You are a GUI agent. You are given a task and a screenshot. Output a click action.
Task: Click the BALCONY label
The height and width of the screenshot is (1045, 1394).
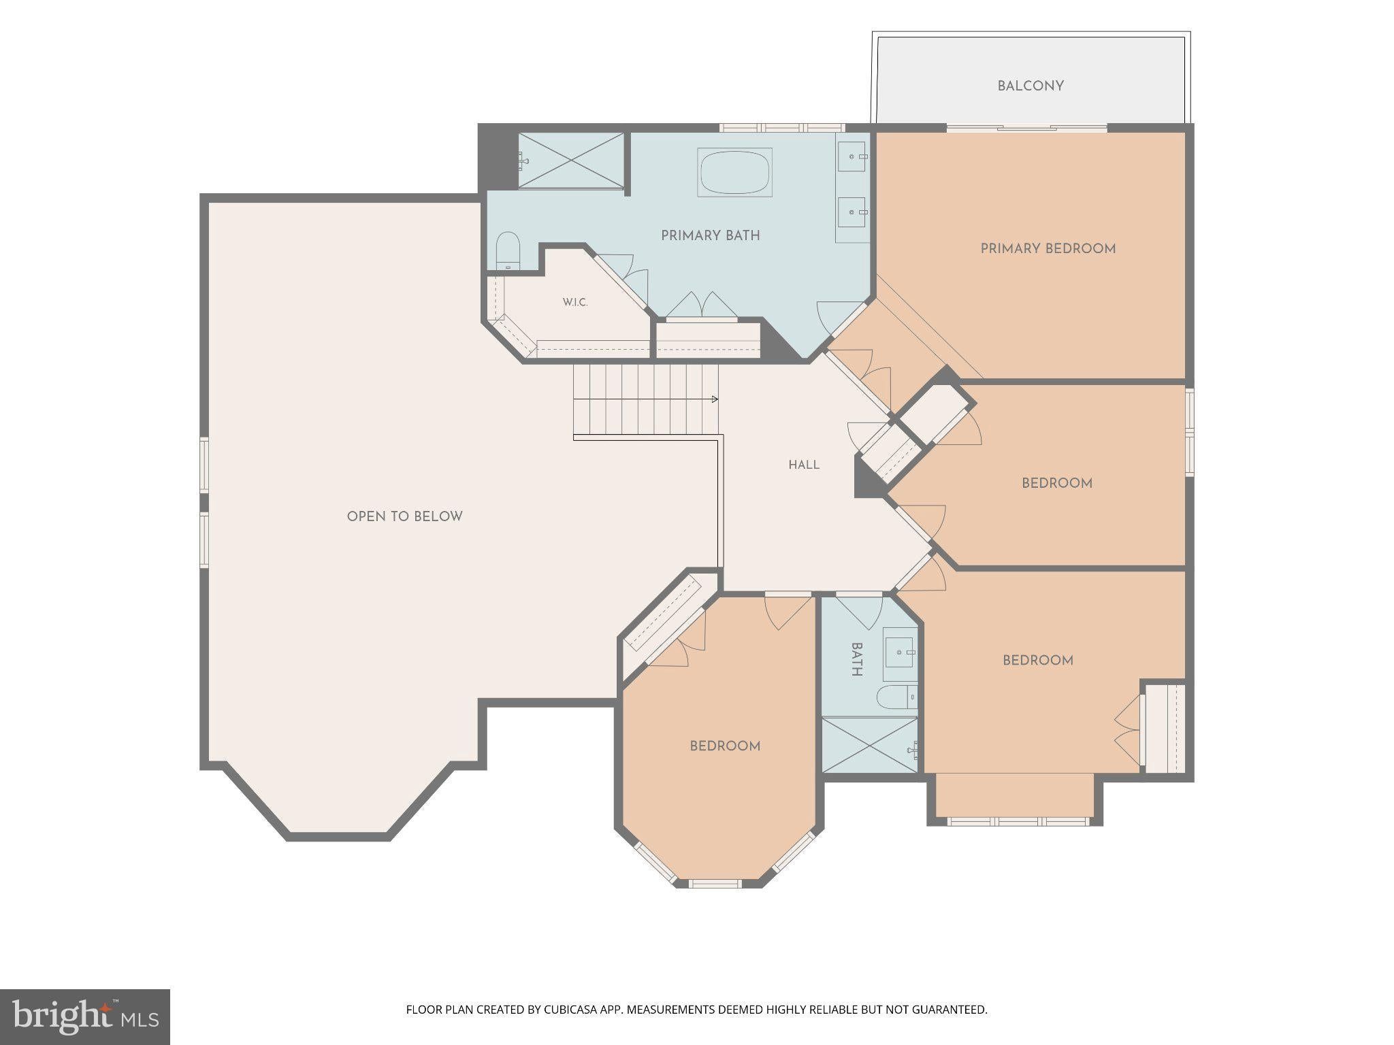[x=1030, y=86]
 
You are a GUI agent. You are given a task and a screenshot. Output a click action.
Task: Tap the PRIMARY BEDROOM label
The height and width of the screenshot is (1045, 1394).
[x=1048, y=249]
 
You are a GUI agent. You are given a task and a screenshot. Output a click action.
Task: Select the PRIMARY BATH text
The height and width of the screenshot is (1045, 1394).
[x=710, y=236]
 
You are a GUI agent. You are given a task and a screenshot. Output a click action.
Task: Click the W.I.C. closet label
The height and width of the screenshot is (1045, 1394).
[x=575, y=302]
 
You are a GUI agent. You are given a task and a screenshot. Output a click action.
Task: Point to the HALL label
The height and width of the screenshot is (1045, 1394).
[x=804, y=465]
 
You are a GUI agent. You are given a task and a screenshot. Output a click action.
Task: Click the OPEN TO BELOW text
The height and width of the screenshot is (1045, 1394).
[x=404, y=517]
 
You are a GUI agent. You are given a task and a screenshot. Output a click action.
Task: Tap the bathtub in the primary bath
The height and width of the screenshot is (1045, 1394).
[x=734, y=172]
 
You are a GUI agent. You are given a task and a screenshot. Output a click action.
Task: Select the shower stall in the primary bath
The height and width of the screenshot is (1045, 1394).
[x=571, y=161]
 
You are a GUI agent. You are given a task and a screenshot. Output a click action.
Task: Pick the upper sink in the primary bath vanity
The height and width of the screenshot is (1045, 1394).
[x=852, y=157]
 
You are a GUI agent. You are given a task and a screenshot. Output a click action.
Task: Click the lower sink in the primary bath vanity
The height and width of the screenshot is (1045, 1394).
[x=852, y=212]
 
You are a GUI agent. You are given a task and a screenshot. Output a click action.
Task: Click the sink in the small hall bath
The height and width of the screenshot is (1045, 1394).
[x=900, y=653]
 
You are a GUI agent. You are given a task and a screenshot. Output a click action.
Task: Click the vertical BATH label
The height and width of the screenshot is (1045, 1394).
[x=856, y=659]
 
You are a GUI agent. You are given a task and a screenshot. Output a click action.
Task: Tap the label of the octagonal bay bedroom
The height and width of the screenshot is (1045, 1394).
[x=725, y=746]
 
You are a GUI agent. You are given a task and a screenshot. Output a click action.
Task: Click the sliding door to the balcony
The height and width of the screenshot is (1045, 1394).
[x=1027, y=127]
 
